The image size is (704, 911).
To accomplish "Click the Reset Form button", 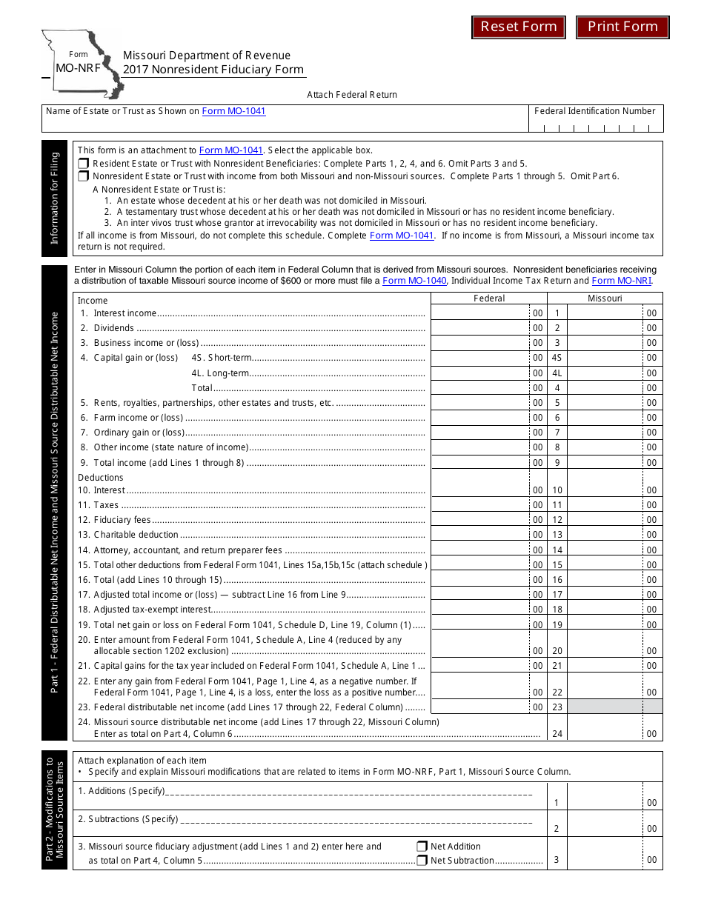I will pos(519,27).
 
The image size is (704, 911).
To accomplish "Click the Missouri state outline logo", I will pos(82,63).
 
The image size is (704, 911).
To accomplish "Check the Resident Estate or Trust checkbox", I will pos(83,164).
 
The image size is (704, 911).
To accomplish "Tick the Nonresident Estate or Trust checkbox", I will pos(83,176).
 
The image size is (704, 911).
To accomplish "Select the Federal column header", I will pos(489,298).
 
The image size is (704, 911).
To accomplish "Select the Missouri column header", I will pos(605,298).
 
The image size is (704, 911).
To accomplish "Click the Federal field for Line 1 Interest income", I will pos(480,313).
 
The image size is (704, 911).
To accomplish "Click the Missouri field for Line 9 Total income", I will pos(605,463).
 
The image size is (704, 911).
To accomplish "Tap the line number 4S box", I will pos(557,358).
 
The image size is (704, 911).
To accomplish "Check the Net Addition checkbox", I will pos(422,847).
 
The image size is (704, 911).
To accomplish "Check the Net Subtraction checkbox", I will pos(422,861).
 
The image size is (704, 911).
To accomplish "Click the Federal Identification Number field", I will pos(597,125).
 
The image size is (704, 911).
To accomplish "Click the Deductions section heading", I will pos(101,478).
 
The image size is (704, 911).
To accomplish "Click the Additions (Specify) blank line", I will pos(348,792).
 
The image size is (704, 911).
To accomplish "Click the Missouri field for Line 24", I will pos(605,733).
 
